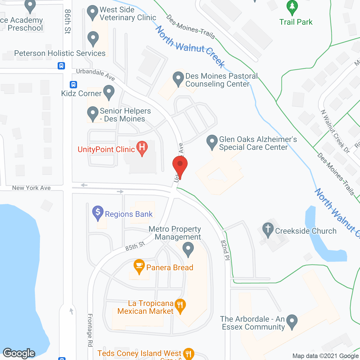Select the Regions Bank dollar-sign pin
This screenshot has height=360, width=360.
pos(98,213)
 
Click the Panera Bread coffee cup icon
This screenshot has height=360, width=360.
pos(139,266)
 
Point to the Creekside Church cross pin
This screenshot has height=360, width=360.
pos(268,229)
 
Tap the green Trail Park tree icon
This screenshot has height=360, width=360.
pos(292,7)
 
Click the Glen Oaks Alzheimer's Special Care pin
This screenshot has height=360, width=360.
pos(212,141)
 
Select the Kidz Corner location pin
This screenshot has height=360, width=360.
pos(109,92)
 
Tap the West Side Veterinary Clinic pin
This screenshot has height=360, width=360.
pos(93,12)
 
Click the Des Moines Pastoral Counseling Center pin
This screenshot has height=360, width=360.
pos(178,78)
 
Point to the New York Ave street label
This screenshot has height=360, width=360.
pos(31,188)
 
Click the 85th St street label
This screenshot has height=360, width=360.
pos(135,246)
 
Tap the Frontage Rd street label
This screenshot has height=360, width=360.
pos(90,330)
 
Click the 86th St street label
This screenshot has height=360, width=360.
pos(67,21)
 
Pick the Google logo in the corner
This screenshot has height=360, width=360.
pos(19,353)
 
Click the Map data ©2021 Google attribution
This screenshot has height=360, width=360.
pos(325,356)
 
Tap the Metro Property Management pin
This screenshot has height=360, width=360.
pos(188,249)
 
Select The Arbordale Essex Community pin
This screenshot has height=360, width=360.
pos(292,321)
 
